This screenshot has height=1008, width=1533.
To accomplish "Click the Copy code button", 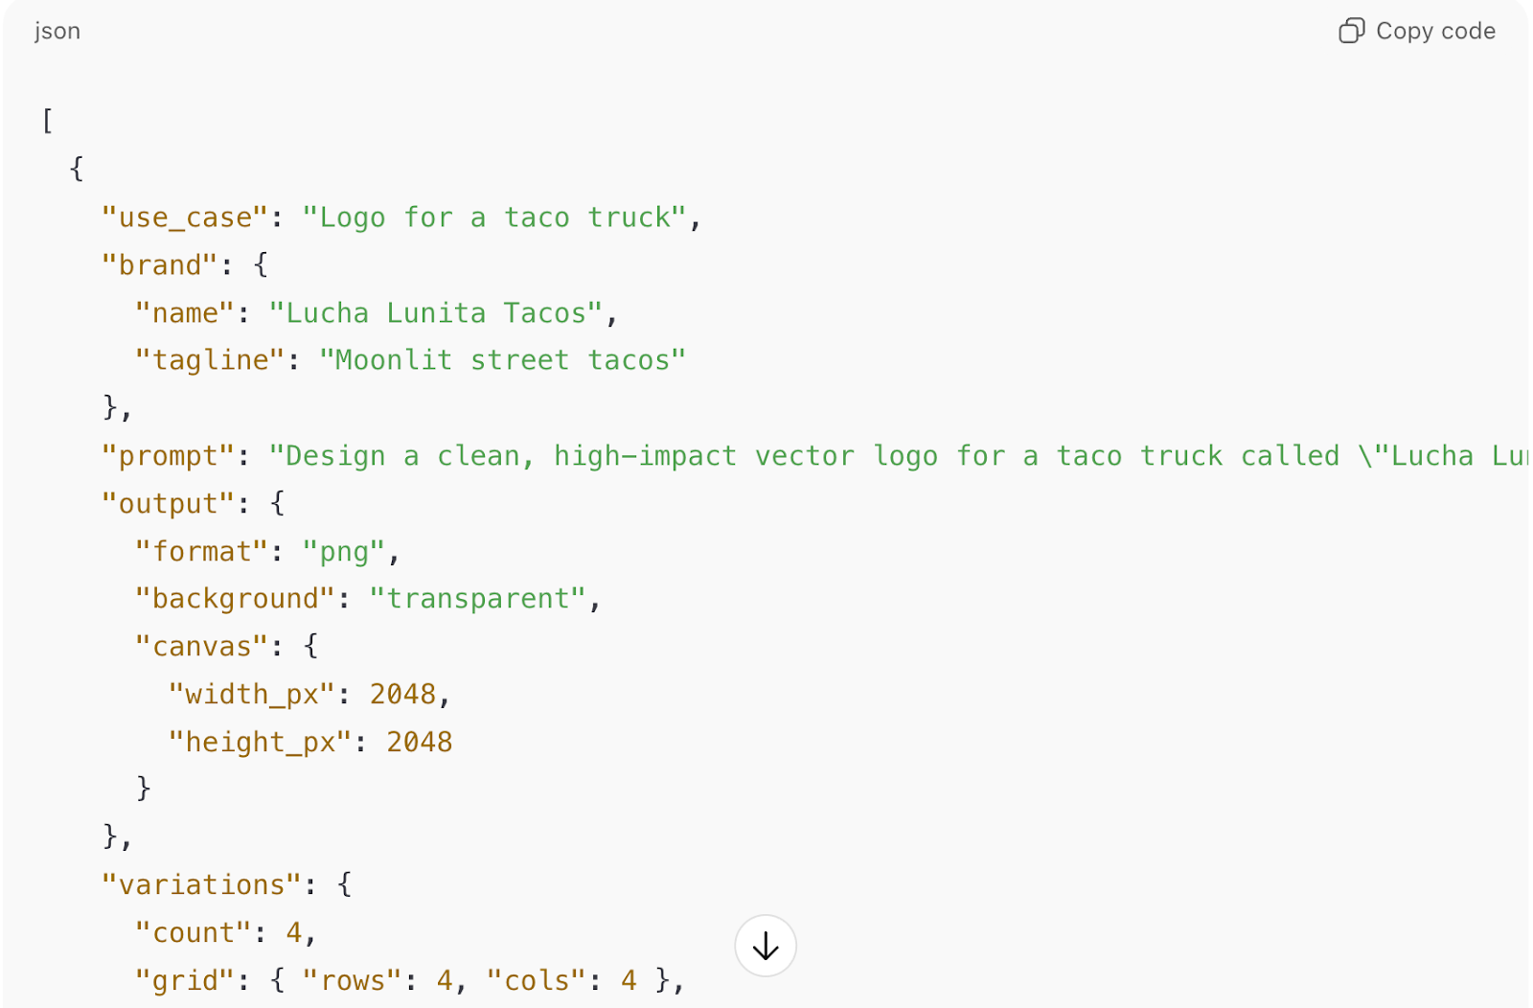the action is [1417, 32].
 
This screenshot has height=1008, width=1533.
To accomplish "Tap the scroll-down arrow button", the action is [766, 946].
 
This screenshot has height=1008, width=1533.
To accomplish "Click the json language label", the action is [57, 32].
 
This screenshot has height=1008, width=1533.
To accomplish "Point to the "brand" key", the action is [160, 265].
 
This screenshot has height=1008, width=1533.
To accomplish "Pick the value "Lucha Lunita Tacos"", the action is [436, 313].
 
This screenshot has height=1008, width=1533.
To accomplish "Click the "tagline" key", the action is [210, 360].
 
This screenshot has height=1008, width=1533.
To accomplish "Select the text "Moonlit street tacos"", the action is [502, 360].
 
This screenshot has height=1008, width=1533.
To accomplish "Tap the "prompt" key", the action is [169, 456].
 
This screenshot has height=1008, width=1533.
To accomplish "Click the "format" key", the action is [201, 552].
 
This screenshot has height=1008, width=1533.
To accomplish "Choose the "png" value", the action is [344, 552].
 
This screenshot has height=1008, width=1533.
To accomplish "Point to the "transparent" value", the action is [477, 599].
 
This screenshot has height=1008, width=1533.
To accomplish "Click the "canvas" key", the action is [201, 647].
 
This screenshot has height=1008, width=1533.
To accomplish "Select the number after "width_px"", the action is [403, 694].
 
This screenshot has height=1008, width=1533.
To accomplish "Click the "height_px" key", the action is [261, 742].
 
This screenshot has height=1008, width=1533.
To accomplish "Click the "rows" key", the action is [353, 980].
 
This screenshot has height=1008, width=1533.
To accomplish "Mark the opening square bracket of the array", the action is [48, 122].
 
